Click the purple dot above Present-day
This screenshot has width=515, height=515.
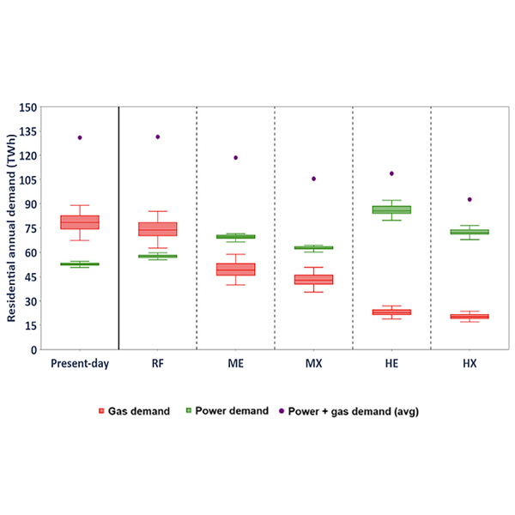(x=80, y=137)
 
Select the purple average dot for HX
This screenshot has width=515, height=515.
(x=470, y=199)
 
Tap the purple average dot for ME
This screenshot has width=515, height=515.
(x=235, y=158)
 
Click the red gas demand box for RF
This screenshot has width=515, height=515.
(x=158, y=229)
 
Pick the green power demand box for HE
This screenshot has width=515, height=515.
(x=391, y=209)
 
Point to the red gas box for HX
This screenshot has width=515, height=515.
(x=470, y=317)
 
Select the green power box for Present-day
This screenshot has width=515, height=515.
(x=80, y=264)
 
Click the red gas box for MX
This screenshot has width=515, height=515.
(x=313, y=280)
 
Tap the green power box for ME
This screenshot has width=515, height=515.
(x=235, y=237)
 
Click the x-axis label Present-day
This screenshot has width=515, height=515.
(x=80, y=364)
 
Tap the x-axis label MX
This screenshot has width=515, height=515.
(x=313, y=364)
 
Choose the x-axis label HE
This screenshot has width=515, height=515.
(x=391, y=364)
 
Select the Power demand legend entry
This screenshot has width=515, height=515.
(x=233, y=411)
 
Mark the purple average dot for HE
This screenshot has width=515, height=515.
(x=391, y=173)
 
